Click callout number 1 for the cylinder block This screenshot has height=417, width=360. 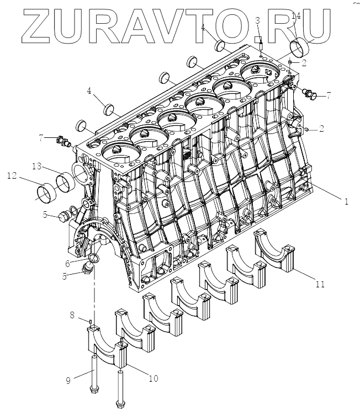point(346,202)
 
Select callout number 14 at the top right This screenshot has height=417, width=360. point(296,17)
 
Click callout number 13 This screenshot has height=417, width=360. point(36,166)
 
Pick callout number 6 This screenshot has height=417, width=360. point(67,264)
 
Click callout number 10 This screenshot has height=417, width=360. point(152,378)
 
